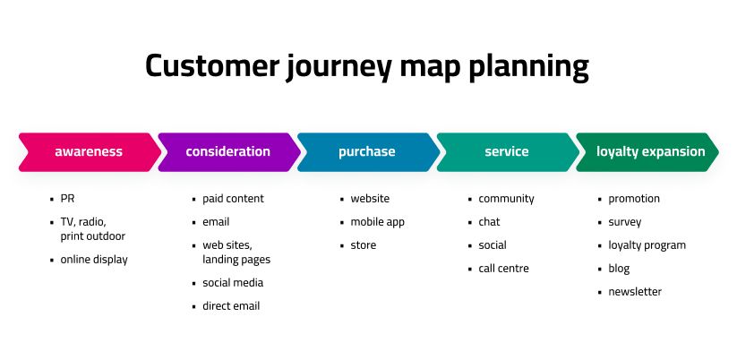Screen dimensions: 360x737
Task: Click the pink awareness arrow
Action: (89, 151)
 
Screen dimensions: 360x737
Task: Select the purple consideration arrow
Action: (227, 151)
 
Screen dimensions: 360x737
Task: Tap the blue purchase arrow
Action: (367, 151)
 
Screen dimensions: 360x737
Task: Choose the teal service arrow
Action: (507, 151)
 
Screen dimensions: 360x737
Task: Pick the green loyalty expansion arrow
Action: (650, 151)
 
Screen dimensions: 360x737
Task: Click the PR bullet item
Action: (68, 199)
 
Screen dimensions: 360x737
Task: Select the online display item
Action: (94, 260)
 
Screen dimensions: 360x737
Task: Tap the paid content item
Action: (233, 199)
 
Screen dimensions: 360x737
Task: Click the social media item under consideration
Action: (233, 283)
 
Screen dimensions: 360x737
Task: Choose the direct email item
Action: (231, 306)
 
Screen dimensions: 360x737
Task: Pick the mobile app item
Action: (377, 222)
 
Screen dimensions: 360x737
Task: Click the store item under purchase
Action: (364, 245)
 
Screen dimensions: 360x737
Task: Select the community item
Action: (506, 199)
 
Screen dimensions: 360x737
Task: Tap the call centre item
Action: (503, 269)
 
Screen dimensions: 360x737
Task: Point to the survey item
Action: (625, 222)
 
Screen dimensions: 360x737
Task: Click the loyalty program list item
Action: (647, 245)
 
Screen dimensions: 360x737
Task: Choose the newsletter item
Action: (635, 292)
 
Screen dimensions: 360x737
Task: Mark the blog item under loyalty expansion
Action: (619, 269)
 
